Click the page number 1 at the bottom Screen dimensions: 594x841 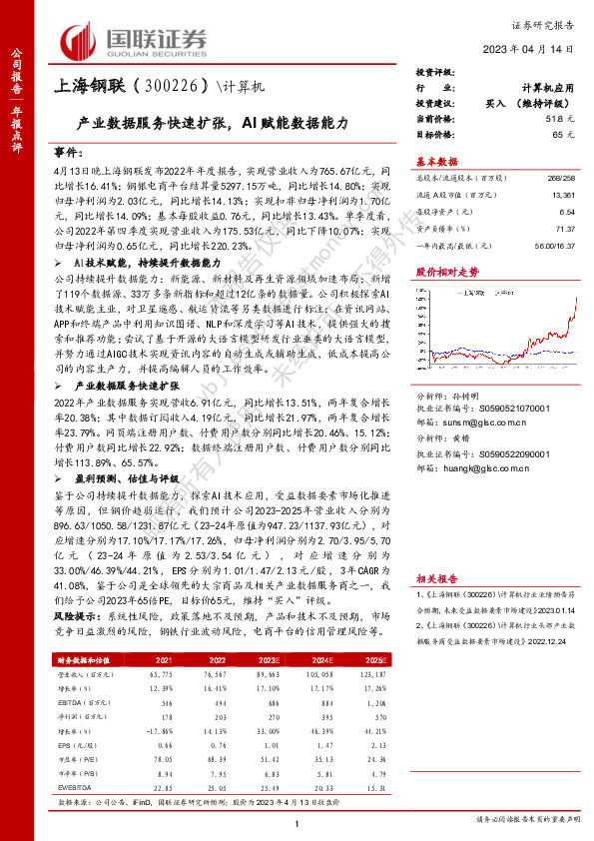tap(297, 820)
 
